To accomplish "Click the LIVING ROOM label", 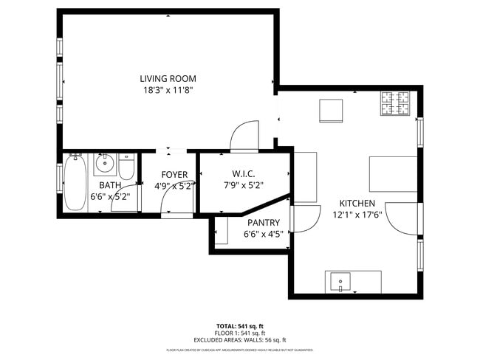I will pos(168,78).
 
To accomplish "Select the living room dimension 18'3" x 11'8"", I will pos(168,90).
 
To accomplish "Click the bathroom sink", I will pos(104,163).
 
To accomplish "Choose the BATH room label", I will pos(110,185).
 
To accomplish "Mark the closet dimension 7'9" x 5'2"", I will pos(242,186).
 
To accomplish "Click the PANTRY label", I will pos(263,222).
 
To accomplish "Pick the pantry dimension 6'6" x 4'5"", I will pos(263,234).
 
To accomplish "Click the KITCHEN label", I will pos(357,203).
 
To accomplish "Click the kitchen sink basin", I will pos(340,280).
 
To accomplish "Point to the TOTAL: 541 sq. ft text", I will pos(239,325).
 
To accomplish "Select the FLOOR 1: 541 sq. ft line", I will pos(239,332).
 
